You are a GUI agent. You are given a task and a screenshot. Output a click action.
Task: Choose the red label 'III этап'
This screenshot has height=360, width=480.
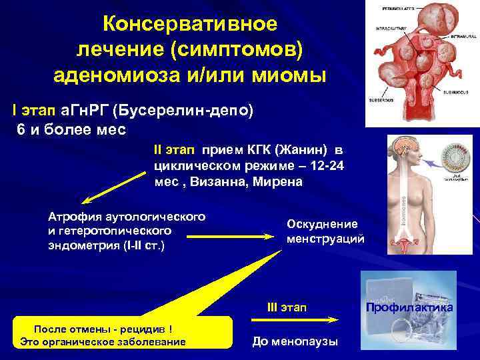tap(287, 307)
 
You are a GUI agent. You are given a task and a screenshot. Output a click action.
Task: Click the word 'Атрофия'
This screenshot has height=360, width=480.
tap(73, 216)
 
